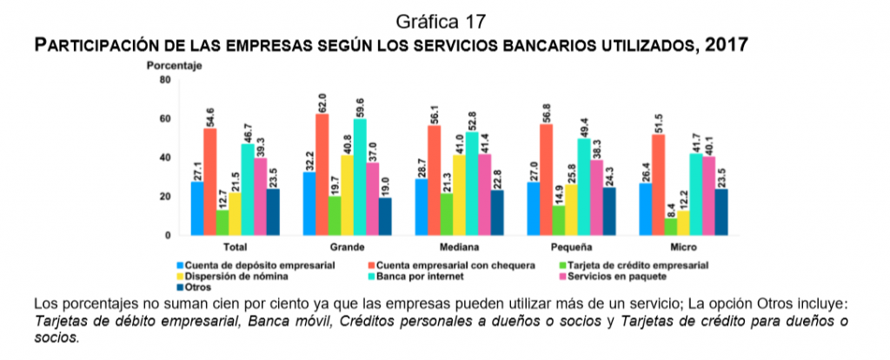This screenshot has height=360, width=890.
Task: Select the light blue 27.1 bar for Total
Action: tap(197, 208)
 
